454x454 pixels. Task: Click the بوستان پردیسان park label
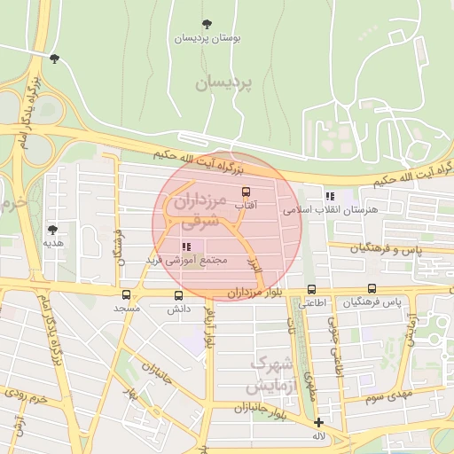pos(207,39)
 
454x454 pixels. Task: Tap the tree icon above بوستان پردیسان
pos(207,24)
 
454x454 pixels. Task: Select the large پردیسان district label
pos(223,82)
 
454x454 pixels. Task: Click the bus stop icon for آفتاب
pos(246,192)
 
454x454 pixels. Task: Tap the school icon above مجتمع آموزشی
pos(186,247)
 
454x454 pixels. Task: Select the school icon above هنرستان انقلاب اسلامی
pos(330,196)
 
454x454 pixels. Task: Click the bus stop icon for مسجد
pos(126,294)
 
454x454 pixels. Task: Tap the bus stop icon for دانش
pos(179,295)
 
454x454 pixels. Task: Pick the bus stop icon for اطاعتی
pos(311,289)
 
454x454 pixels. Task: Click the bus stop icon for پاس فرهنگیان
pos(372,288)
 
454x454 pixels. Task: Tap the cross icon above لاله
pos(318,423)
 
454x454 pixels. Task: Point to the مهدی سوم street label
pos(387,394)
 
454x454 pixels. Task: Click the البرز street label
pos(254,263)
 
